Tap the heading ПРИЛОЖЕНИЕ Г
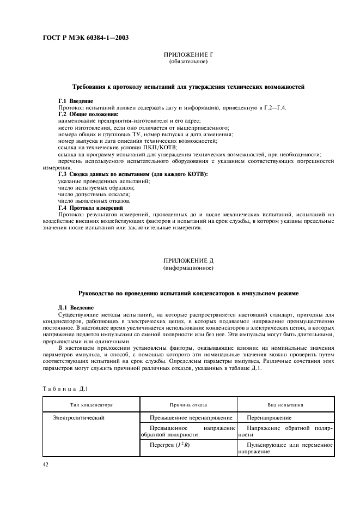point(188,56)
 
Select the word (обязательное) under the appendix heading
point(188,62)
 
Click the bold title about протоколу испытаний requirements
point(188,87)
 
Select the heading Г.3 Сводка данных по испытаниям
point(133,174)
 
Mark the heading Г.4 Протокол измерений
point(90,208)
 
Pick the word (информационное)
point(188,269)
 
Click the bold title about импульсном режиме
point(188,294)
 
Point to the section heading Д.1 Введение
point(76,307)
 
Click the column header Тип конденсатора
point(90,405)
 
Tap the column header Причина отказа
point(188,405)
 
